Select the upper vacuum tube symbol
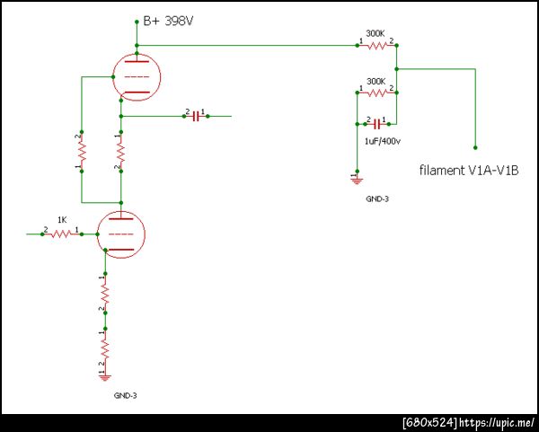pos(136,76)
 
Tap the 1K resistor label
pos(62,220)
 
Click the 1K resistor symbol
pos(62,234)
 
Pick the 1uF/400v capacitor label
pos(381,141)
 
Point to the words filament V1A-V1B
pos(469,170)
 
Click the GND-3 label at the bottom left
pos(125,395)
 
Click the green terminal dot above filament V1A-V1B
pos(475,147)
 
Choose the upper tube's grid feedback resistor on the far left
pos(82,153)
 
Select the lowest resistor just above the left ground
pos(104,344)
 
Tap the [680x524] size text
pos(430,422)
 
